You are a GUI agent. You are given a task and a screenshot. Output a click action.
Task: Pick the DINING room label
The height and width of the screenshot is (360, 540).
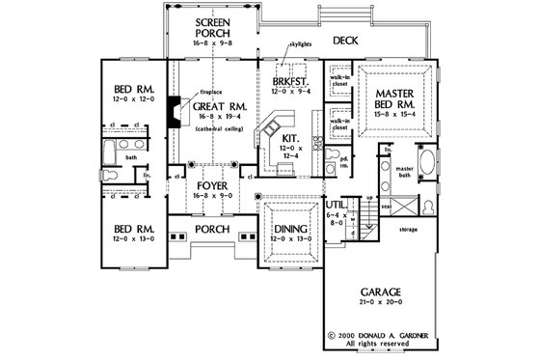tap(290, 228)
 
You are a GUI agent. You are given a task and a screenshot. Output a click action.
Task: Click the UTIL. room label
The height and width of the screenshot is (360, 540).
tap(336, 206)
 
